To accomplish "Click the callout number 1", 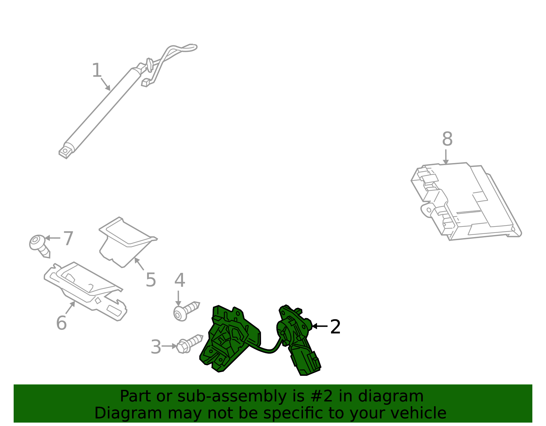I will tap(97, 71).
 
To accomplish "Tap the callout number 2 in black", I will tap(335, 327).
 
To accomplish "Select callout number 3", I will tap(156, 347).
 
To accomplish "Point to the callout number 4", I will tap(179, 281).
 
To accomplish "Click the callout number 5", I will tap(150, 280).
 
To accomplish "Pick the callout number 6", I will tap(61, 323).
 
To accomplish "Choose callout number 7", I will tap(68, 238).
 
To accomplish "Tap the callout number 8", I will tap(447, 139).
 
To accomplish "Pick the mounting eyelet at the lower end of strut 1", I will tap(65, 150).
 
